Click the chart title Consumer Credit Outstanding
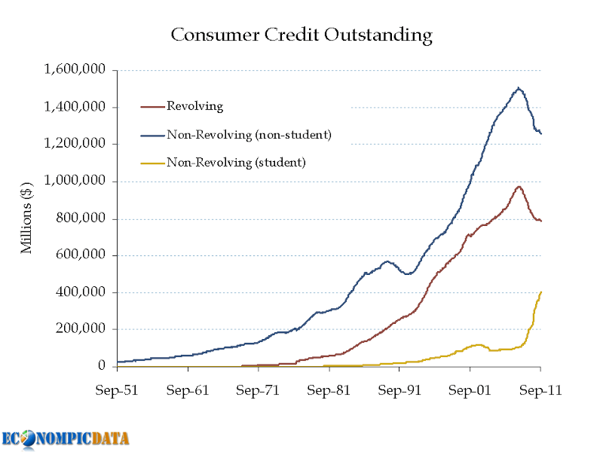[301, 35]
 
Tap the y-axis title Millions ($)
[27, 218]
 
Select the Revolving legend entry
[194, 106]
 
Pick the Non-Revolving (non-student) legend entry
[249, 135]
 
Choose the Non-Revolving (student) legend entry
[236, 162]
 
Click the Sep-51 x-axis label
[118, 392]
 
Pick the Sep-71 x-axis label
[259, 392]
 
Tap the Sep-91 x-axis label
[399, 392]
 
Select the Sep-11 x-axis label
[540, 392]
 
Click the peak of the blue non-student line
[519, 88]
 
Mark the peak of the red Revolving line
[519, 186]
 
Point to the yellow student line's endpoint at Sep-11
[540, 292]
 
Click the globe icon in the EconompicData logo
[29, 439]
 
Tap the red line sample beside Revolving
[153, 107]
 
